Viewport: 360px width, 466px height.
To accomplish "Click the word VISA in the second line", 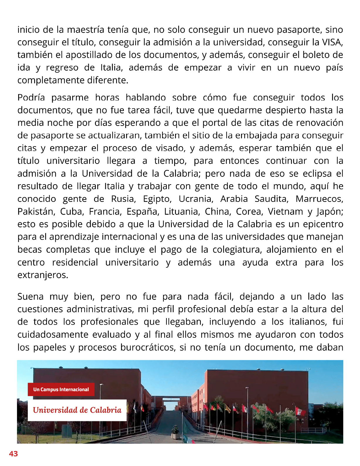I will coord(332,42).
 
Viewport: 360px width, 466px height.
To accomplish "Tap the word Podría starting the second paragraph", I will coord(31,98).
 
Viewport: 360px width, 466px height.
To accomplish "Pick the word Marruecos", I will coord(319,199).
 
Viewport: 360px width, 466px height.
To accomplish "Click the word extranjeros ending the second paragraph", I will coord(43,275).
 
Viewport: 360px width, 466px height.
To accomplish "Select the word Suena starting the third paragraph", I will coord(30,297).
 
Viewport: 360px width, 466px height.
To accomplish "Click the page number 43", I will coord(13,454).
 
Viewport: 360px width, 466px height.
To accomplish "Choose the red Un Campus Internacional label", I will coord(61,390).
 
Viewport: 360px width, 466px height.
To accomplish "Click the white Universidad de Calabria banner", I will coord(77,410).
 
